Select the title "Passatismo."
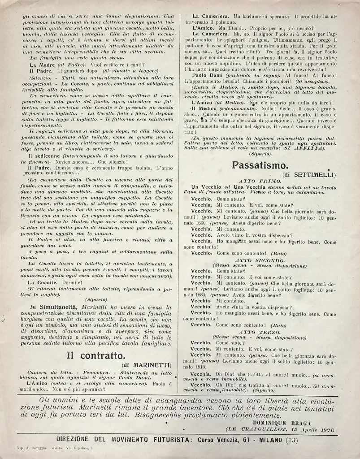coord(257,165)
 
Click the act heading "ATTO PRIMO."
coord(261,180)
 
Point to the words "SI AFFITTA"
coord(304,147)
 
